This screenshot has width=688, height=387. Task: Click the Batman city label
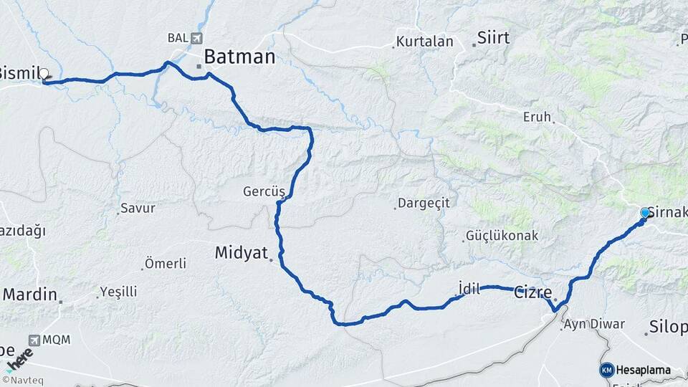click(239, 57)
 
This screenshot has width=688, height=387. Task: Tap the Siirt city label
click(493, 37)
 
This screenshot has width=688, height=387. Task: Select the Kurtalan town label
click(425, 42)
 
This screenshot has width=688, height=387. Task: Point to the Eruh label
click(537, 116)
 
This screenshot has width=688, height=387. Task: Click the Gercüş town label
click(264, 192)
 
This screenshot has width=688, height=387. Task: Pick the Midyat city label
click(241, 252)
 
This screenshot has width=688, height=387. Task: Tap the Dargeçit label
click(424, 203)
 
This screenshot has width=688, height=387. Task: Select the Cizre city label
click(533, 292)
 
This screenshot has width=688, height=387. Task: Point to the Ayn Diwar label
click(594, 324)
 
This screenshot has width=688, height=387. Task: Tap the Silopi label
click(668, 328)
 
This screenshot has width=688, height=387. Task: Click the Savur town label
click(138, 209)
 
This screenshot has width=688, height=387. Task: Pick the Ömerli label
click(165, 264)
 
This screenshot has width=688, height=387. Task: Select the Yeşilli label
click(118, 292)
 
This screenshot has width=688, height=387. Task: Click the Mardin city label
click(29, 294)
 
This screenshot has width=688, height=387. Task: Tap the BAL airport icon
click(197, 37)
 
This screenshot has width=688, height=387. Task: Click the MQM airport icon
click(35, 340)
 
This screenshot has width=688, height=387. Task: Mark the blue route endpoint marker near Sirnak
click(645, 213)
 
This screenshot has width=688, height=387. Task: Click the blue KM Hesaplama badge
click(607, 370)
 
